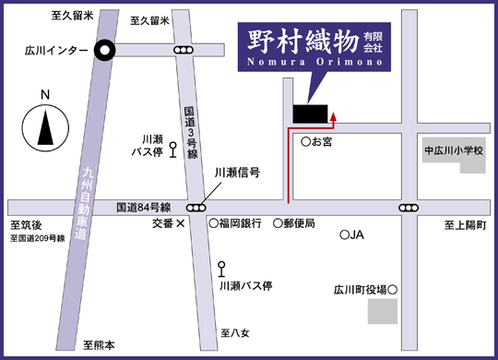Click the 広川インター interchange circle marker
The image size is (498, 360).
[106, 51]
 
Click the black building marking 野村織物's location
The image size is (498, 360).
[311, 113]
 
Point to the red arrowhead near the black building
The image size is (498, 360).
[334, 117]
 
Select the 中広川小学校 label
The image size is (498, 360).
[454, 150]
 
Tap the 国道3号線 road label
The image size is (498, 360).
[191, 134]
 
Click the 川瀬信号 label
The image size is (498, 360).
[238, 173]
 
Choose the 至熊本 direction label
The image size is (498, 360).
[100, 345]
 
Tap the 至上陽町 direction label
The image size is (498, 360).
[465, 225]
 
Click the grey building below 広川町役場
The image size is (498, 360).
[382, 311]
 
